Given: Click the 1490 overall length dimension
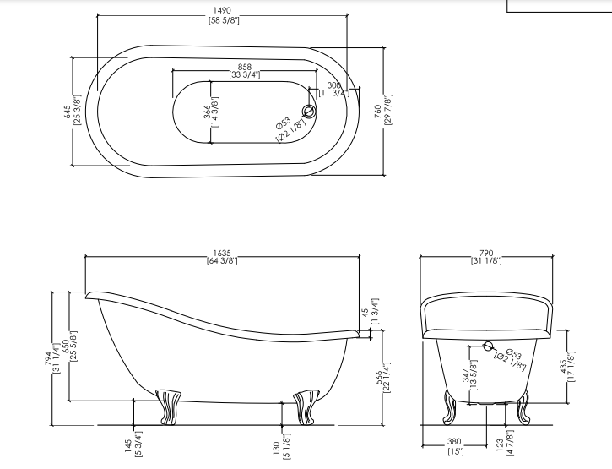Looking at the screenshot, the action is coord(222,11).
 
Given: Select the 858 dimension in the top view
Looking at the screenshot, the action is coord(245,68).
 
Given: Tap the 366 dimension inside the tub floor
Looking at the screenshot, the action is coord(207,112).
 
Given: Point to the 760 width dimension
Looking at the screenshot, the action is coord(377,112).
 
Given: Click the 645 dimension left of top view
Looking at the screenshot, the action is coord(67,112).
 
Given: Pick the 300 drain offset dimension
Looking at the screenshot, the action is coord(333,85).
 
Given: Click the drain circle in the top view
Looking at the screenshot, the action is coord(309,112).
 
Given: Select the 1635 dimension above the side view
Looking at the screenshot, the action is coord(222,254).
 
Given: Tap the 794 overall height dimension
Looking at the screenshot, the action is coord(47,359).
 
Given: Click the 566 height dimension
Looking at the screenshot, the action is coord(379,379).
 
